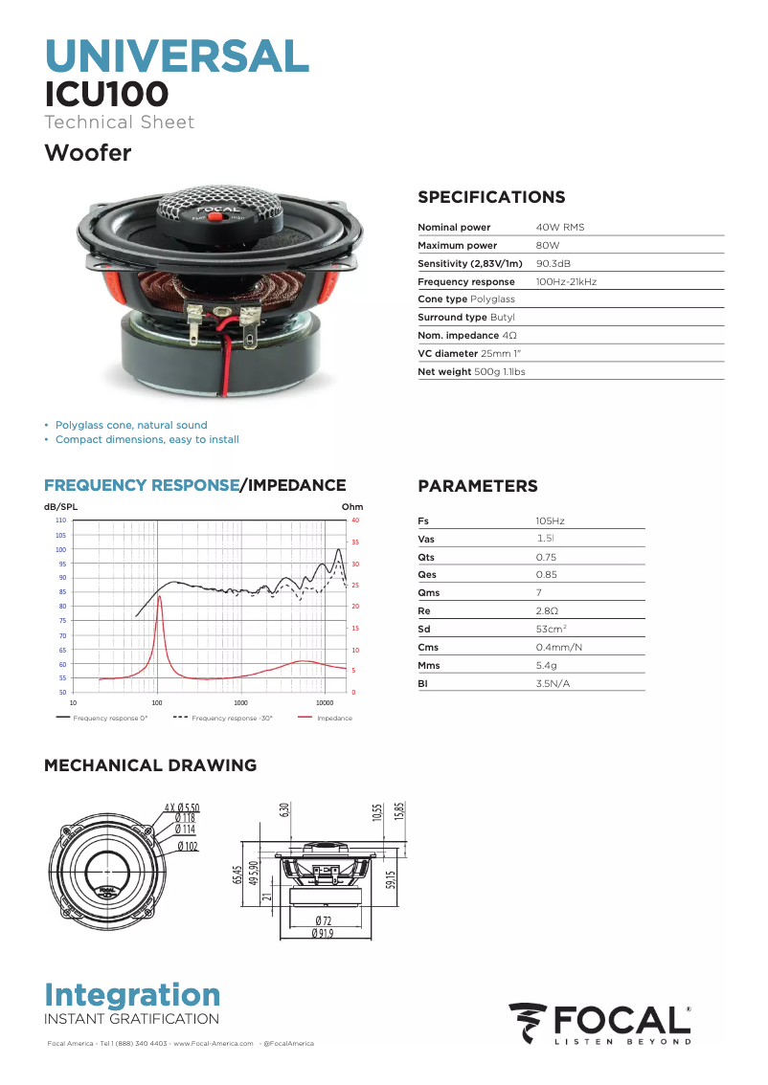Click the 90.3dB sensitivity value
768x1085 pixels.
pyautogui.click(x=553, y=263)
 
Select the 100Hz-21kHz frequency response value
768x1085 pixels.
pyautogui.click(x=566, y=281)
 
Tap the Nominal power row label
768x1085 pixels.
pyautogui.click(x=454, y=227)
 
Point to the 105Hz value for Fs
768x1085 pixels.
pyautogui.click(x=550, y=520)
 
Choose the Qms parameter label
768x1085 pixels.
pyautogui.click(x=429, y=592)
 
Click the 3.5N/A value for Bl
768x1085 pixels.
pyautogui.click(x=553, y=683)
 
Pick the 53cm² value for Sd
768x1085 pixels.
pyautogui.click(x=552, y=629)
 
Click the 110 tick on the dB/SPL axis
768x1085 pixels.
pyautogui.click(x=60, y=520)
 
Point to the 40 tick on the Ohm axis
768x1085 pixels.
pyautogui.click(x=355, y=520)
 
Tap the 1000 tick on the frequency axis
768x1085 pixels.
pyautogui.click(x=240, y=702)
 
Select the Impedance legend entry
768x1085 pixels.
pyautogui.click(x=334, y=718)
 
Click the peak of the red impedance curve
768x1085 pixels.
pyautogui.click(x=160, y=596)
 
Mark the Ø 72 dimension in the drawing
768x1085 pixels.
pyautogui.click(x=323, y=920)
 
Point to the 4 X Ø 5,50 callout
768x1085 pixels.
pyautogui.click(x=182, y=808)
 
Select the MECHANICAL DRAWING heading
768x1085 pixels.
pyautogui.click(x=150, y=765)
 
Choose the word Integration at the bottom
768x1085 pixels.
pyautogui.click(x=132, y=994)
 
